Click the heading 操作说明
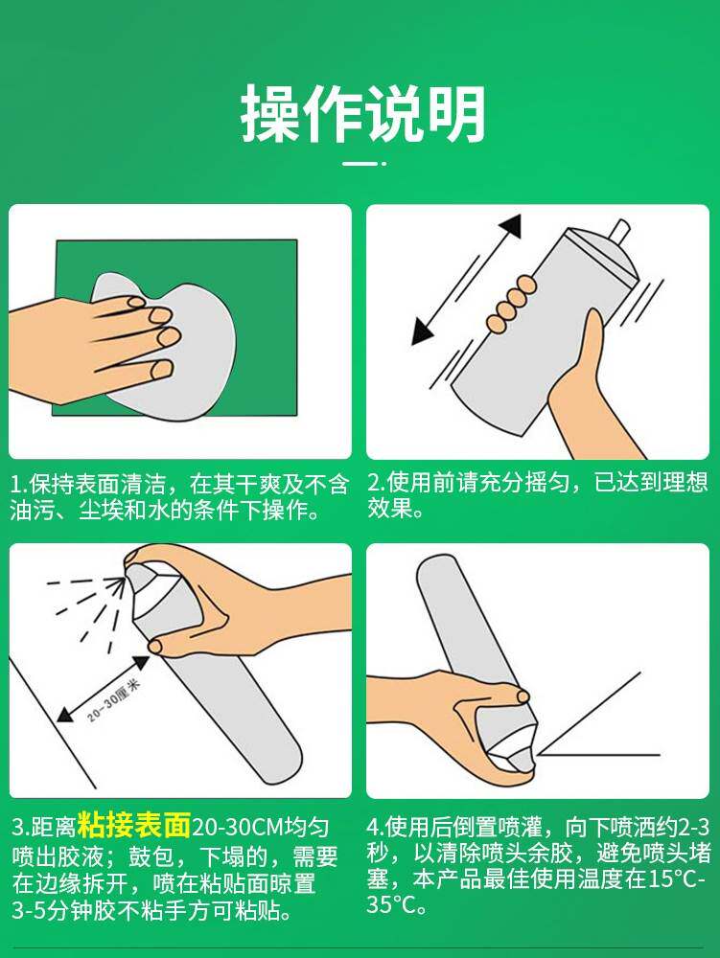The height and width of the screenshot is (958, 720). click(x=363, y=114)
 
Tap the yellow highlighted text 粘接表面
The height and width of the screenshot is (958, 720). click(x=134, y=825)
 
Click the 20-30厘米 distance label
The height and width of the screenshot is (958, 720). click(x=114, y=699)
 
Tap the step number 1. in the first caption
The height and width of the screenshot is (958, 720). click(x=18, y=485)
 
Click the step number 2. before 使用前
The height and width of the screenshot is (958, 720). click(x=376, y=483)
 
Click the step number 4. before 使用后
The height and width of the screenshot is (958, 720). click(x=375, y=828)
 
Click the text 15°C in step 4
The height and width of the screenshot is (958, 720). click(x=672, y=879)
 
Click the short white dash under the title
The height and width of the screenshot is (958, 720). click(x=360, y=164)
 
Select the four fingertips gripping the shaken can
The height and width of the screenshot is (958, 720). click(x=512, y=305)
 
